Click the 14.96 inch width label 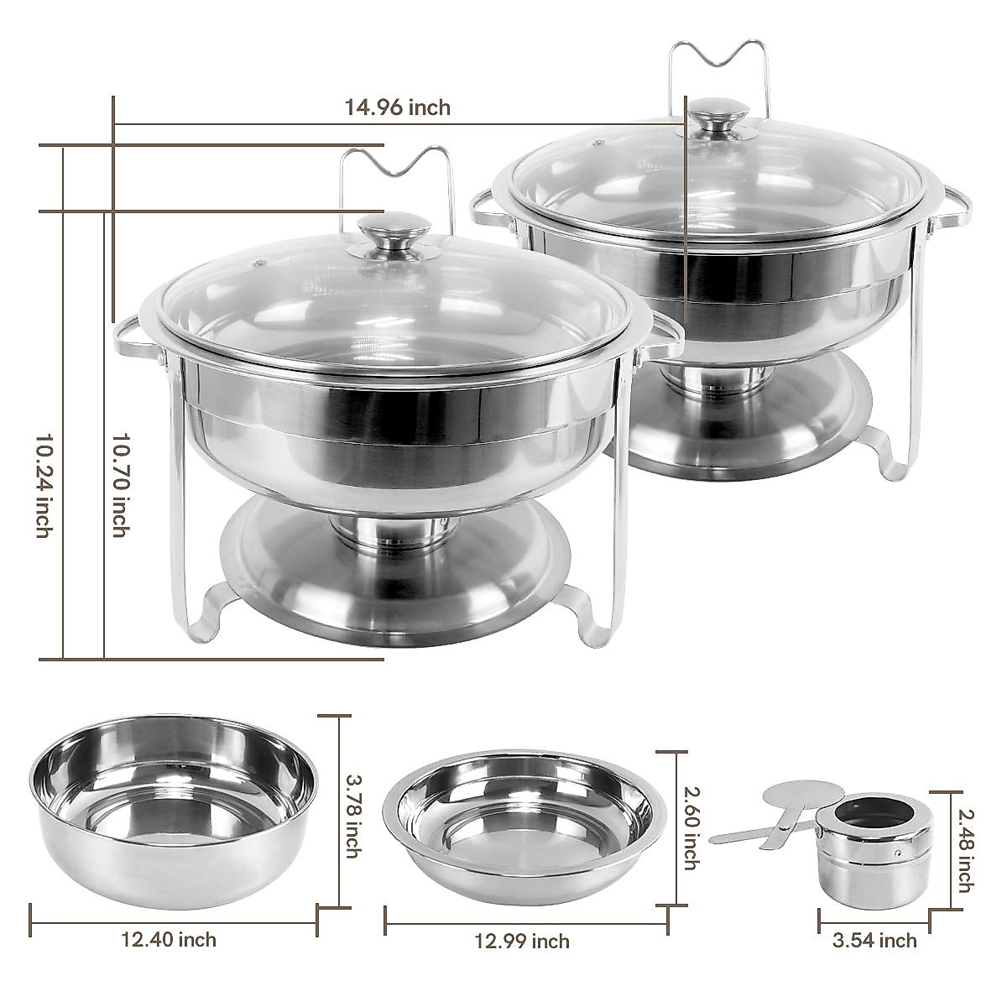click(x=397, y=107)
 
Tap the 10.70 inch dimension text click(x=120, y=486)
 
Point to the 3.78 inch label click(x=352, y=810)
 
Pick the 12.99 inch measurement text click(x=526, y=942)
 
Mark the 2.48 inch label click(x=964, y=848)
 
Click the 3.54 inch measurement click(x=874, y=940)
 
